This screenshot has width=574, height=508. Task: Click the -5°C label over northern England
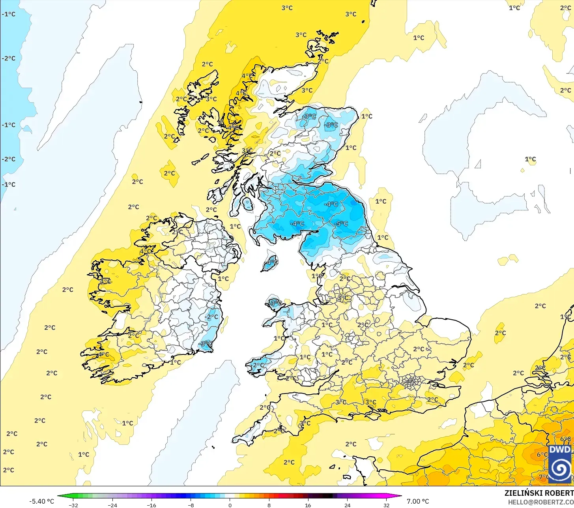pos(341,224)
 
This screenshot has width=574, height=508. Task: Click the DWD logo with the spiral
pos(560,464)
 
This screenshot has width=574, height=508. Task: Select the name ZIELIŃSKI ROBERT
pos(539,493)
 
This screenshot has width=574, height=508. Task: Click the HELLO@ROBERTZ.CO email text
pos(540,502)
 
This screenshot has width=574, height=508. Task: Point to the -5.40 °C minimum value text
pos(41,501)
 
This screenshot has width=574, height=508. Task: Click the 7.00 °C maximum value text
pos(418,501)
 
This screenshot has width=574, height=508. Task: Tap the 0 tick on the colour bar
pos(230,505)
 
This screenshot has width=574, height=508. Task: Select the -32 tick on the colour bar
pos(73,505)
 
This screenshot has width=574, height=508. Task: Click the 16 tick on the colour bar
pos(308,505)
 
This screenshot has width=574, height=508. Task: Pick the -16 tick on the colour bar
pos(151,505)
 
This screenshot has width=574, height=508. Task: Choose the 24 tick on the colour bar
pos(347,505)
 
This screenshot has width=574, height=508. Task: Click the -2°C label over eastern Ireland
pos(212,317)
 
